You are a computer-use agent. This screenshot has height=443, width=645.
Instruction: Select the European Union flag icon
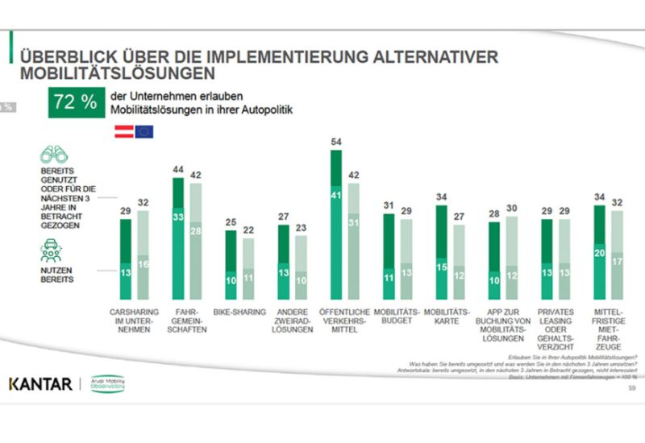(x=144, y=131)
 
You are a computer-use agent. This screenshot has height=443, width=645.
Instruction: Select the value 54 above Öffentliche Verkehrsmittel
(x=338, y=142)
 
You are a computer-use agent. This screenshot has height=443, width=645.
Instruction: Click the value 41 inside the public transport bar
(x=338, y=193)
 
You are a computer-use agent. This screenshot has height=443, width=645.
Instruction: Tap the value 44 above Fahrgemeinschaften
(x=180, y=169)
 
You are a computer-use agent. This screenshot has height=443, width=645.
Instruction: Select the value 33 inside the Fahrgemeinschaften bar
(x=180, y=217)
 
